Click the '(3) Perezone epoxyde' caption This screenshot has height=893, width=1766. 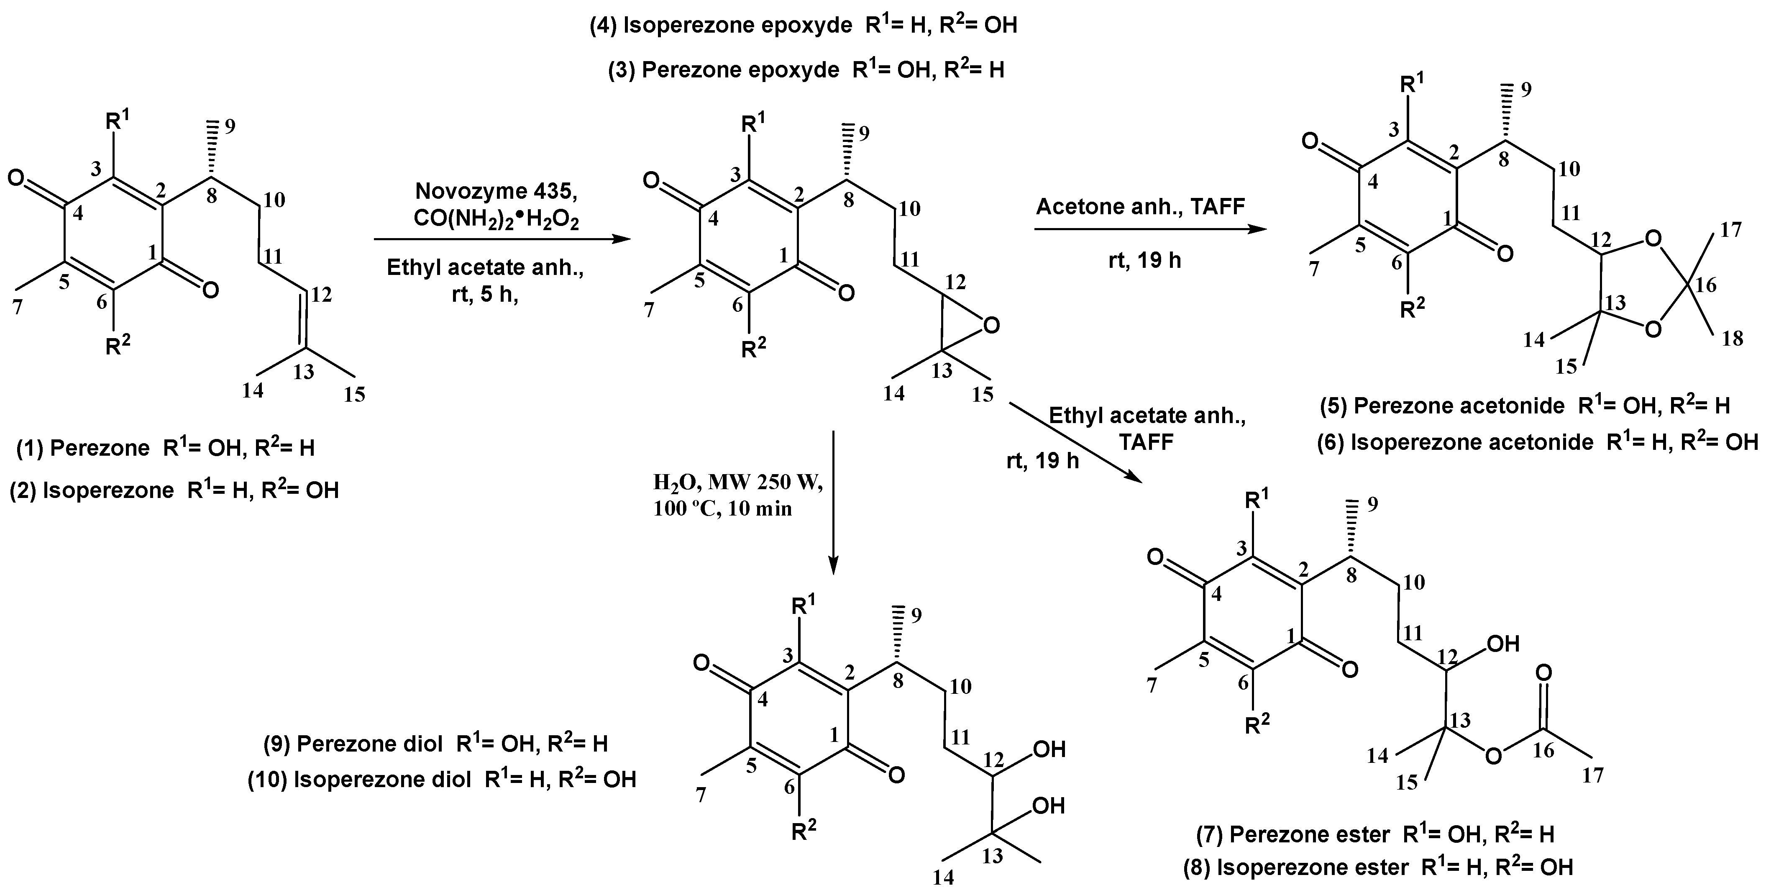tap(723, 71)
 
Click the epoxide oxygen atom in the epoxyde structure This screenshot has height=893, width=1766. tap(988, 324)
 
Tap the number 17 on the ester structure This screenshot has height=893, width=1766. tap(1592, 776)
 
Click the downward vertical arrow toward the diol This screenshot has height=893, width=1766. tap(833, 500)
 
